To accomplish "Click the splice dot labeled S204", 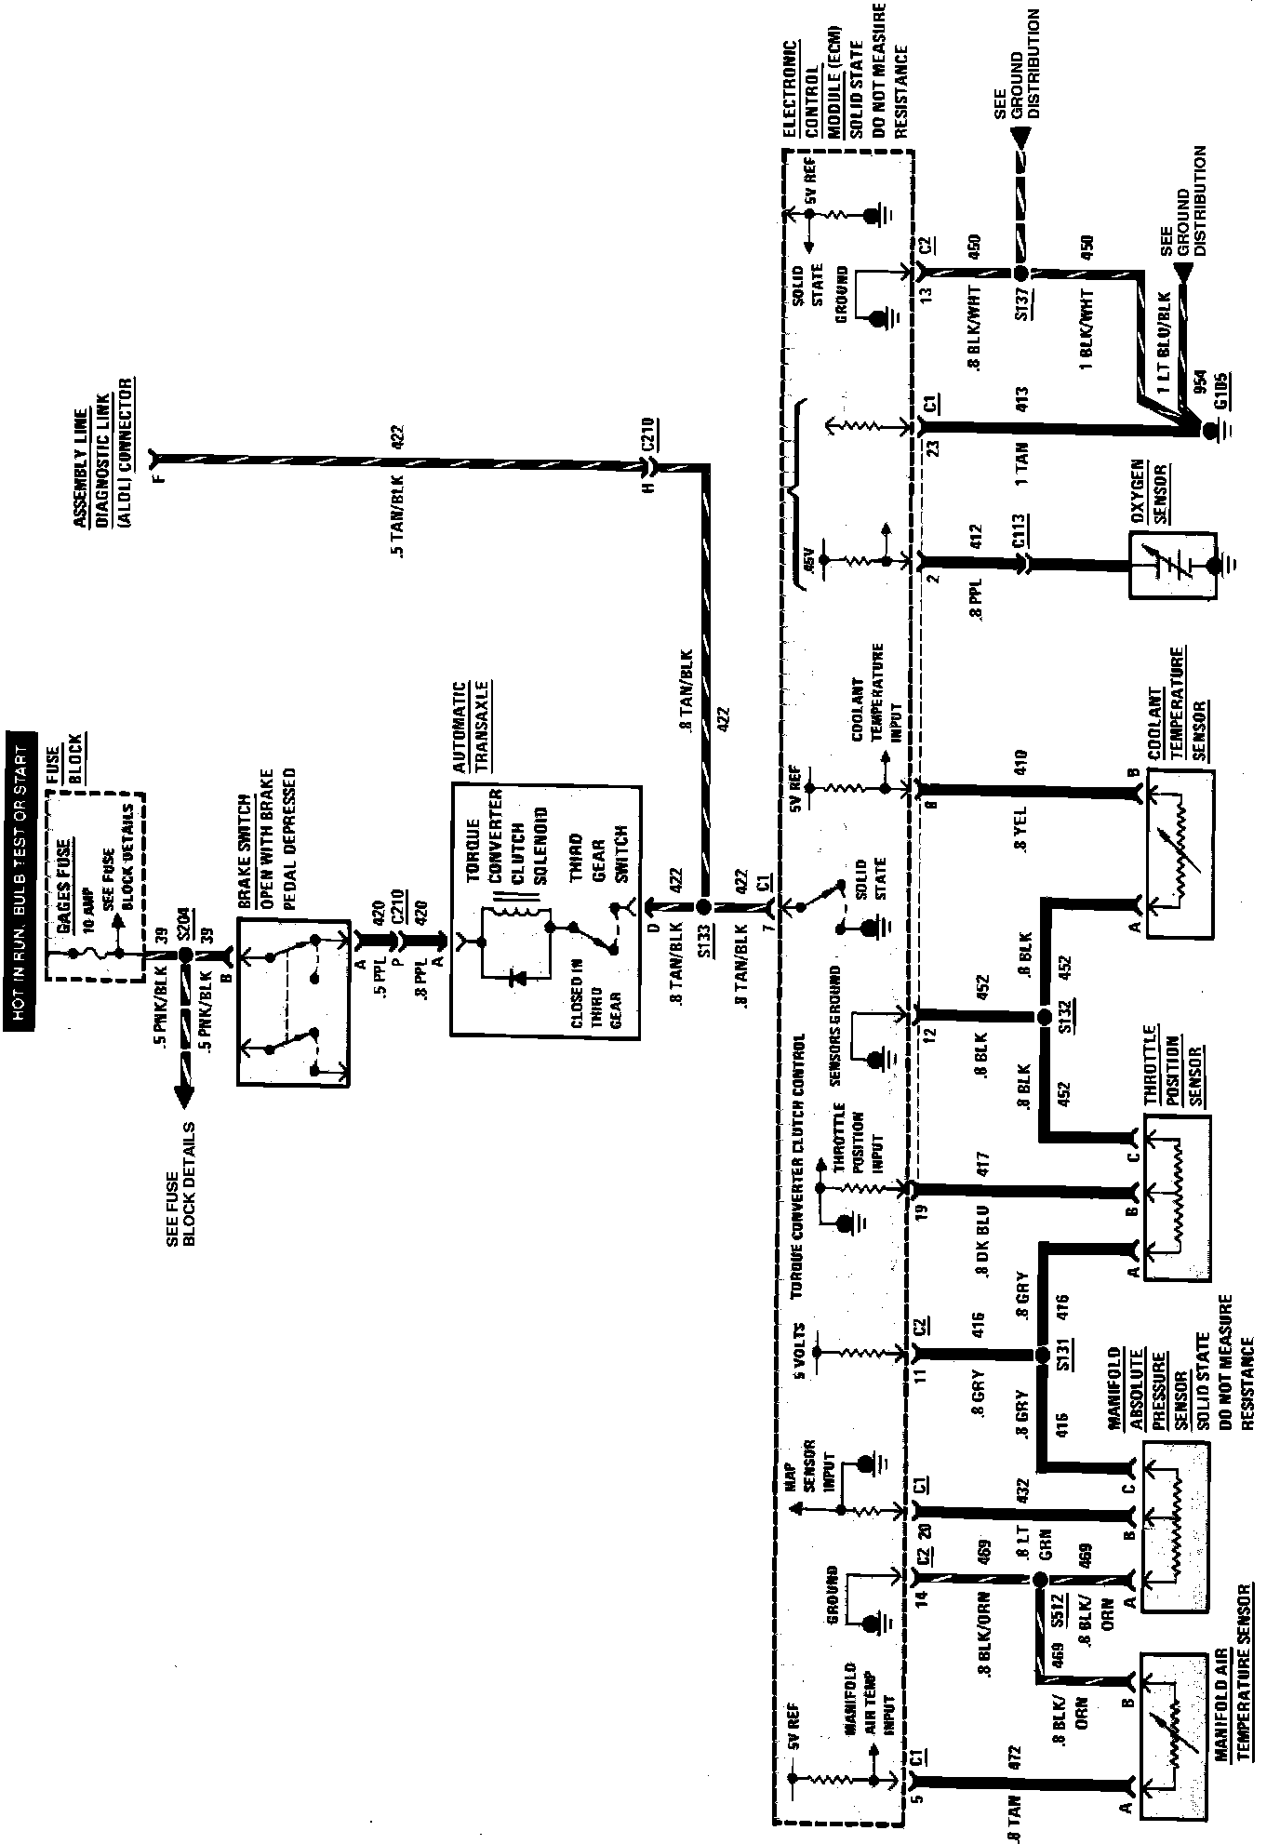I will click(185, 955).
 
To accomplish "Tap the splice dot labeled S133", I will click(704, 906).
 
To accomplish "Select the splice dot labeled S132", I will click(1042, 1017).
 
